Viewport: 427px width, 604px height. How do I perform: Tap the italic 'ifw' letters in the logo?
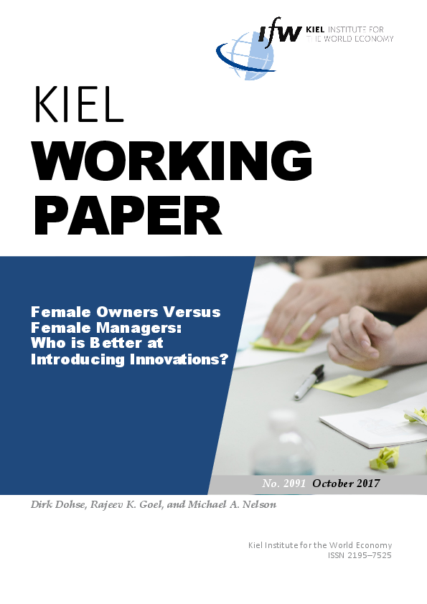[x=280, y=32]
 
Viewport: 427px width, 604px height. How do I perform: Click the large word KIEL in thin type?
[x=79, y=105]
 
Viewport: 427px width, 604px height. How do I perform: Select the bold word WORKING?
[x=172, y=161]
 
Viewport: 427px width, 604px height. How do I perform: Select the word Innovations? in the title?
[x=179, y=359]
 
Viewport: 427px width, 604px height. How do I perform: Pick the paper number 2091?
[x=294, y=483]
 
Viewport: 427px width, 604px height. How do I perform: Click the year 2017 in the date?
[x=368, y=483]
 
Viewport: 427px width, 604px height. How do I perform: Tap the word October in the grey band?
[x=333, y=483]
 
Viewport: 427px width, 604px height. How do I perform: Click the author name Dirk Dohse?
[x=58, y=504]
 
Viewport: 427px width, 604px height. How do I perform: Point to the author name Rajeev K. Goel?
[x=127, y=504]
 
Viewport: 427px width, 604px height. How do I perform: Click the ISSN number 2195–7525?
[x=370, y=555]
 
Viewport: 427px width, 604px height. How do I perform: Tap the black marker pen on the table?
[x=309, y=382]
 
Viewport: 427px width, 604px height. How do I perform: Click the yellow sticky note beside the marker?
[x=351, y=385]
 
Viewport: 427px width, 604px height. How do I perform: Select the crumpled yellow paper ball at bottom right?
[x=384, y=458]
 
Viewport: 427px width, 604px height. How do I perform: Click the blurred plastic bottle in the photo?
[x=283, y=443]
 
